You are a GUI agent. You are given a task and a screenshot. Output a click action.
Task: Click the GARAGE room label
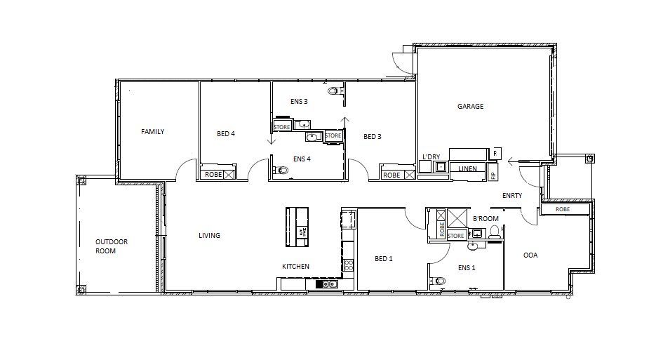coord(470,107)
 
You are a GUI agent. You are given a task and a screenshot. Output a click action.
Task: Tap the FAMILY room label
coord(152,132)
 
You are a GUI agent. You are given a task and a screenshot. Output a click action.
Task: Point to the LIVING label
coord(209,236)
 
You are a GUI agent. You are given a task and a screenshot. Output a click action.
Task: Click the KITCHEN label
coord(295,267)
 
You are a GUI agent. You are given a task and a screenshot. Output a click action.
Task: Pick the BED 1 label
coord(384,259)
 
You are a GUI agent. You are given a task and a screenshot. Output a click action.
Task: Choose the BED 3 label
coord(373,137)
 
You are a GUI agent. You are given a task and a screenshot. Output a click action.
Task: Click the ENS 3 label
coord(299,102)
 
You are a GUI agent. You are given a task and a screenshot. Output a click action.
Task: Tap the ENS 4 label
coord(302,159)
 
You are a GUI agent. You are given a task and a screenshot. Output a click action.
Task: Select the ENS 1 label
coord(467,267)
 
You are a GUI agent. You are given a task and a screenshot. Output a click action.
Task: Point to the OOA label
coord(530,255)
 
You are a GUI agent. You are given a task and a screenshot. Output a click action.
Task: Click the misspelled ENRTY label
coord(512,196)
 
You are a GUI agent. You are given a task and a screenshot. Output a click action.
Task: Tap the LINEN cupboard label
coord(467,169)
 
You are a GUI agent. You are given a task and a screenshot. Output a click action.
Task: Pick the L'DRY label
coord(430,156)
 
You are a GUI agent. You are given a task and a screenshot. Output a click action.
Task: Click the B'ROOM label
coord(485,219)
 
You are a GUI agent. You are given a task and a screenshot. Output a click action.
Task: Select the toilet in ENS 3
coord(333,91)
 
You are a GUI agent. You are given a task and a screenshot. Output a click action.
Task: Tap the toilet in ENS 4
coord(283,170)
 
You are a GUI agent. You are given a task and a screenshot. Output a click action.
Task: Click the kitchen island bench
coord(297,226)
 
